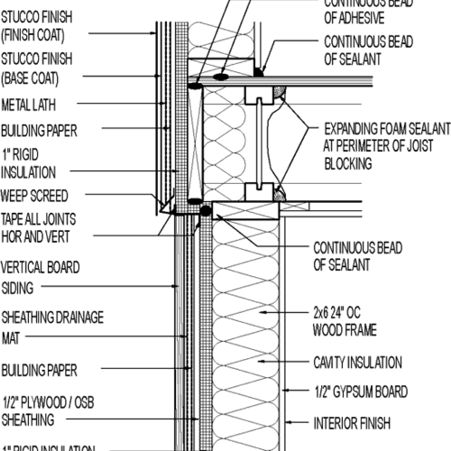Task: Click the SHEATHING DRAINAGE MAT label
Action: [x=51, y=325]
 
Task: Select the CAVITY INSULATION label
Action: [x=357, y=364]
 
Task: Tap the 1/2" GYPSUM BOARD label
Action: [x=361, y=391]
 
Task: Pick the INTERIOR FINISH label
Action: [x=351, y=420]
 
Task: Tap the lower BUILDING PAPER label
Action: [x=38, y=370]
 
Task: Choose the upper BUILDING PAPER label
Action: [x=38, y=129]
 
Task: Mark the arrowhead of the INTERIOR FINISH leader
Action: [x=287, y=420]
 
